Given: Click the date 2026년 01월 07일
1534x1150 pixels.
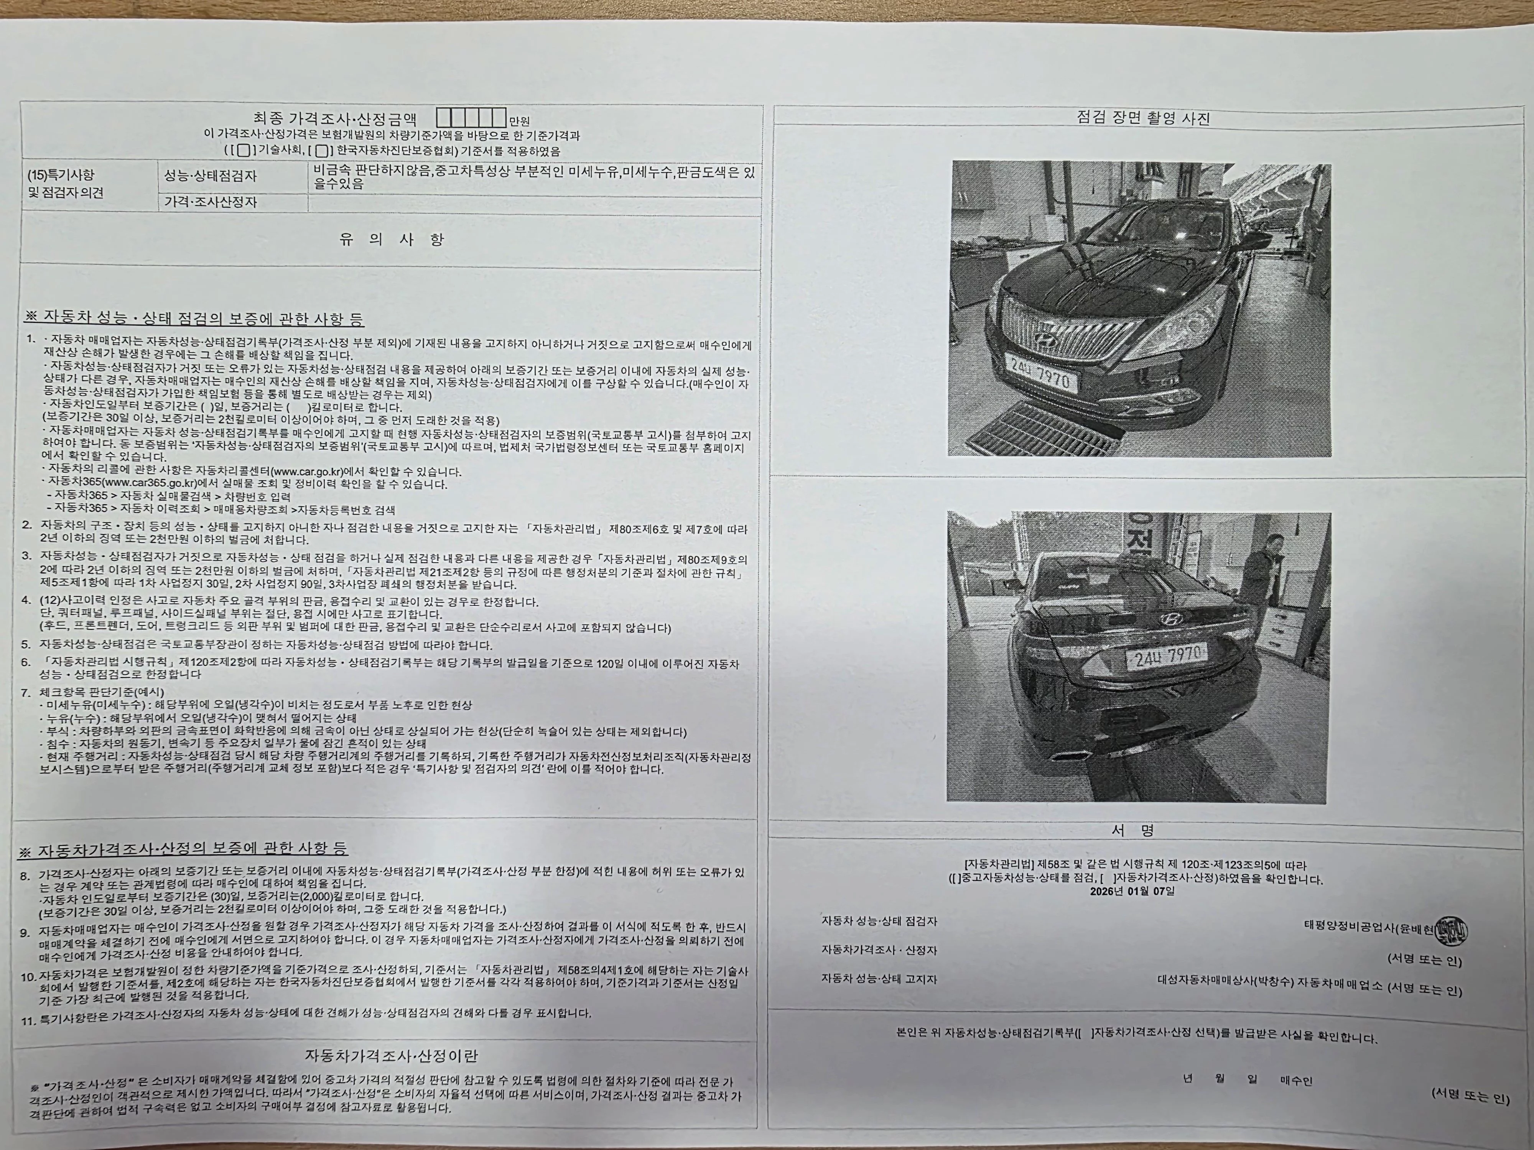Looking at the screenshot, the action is click(x=1132, y=891).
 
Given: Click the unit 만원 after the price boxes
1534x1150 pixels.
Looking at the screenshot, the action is click(x=519, y=121).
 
